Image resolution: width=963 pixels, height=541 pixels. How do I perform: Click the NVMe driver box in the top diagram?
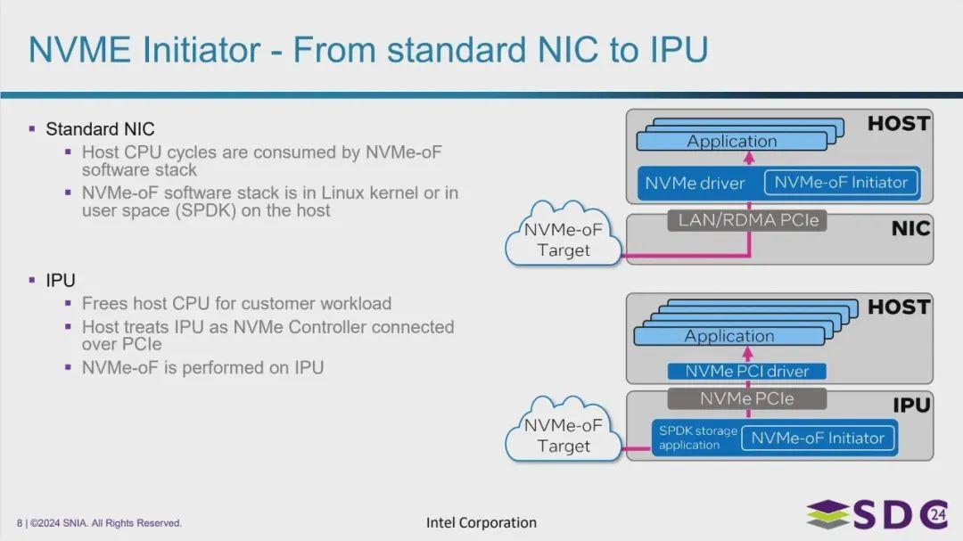click(x=695, y=184)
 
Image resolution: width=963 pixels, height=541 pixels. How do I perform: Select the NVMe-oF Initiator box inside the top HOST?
click(x=841, y=183)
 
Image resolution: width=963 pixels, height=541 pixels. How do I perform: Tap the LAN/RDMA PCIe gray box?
click(x=746, y=220)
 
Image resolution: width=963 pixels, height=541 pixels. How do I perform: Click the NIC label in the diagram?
click(x=910, y=229)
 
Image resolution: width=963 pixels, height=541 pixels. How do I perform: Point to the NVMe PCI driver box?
click(x=747, y=371)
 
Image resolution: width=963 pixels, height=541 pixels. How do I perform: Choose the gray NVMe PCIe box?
click(x=746, y=398)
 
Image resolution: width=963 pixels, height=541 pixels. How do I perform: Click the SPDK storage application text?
click(x=698, y=438)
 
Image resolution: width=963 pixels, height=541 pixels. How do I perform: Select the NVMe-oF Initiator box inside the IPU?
click(x=818, y=438)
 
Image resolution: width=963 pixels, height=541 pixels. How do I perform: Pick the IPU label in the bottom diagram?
click(x=911, y=406)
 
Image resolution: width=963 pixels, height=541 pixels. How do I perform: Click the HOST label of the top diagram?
click(x=899, y=124)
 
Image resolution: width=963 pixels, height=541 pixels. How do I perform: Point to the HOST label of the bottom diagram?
click(x=899, y=307)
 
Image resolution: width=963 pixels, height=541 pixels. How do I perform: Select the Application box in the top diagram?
click(x=731, y=141)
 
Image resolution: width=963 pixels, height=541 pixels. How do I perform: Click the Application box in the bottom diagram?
click(x=728, y=336)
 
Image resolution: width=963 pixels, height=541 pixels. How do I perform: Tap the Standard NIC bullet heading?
click(x=100, y=129)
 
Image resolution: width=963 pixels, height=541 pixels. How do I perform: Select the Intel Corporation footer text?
click(x=481, y=522)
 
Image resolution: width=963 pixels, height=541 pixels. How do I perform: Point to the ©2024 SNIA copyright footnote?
click(x=99, y=523)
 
